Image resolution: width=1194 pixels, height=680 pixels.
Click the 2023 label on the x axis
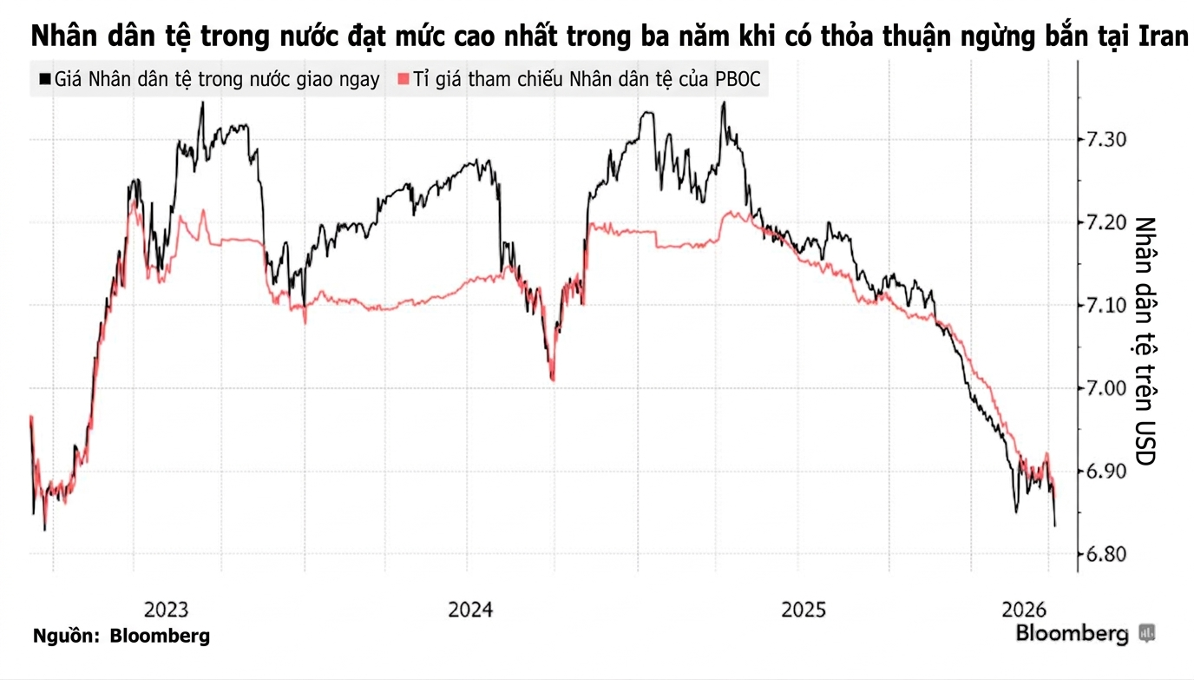(166, 609)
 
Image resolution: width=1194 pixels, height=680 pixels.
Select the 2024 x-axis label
(471, 609)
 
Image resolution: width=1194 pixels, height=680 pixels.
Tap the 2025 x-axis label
(804, 609)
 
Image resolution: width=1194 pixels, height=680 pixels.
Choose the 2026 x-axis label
(1023, 609)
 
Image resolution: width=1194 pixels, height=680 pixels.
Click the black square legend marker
(44, 80)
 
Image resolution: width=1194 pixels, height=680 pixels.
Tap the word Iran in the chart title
(1160, 37)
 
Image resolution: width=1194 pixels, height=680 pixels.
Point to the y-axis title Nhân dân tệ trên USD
(1146, 340)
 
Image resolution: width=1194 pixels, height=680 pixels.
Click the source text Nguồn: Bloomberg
(121, 636)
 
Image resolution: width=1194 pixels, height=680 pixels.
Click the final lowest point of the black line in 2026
(1055, 525)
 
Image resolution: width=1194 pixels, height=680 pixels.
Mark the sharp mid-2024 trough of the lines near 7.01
(552, 379)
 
